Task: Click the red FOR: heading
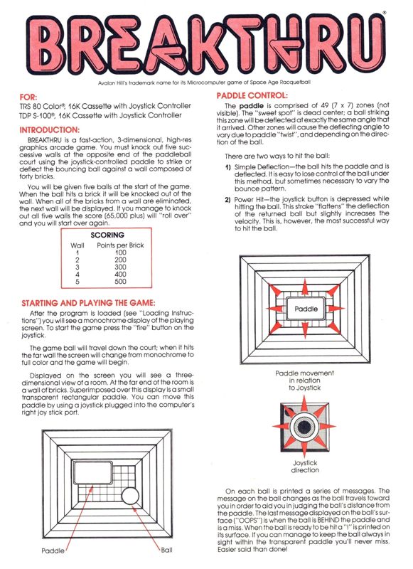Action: point(28,97)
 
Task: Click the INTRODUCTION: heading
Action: point(49,130)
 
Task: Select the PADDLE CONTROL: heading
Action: point(252,96)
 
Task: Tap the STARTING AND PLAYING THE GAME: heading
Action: point(88,303)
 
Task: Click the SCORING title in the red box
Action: point(107,235)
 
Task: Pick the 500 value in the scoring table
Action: point(120,282)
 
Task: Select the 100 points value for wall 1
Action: point(120,252)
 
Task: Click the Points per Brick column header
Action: point(120,245)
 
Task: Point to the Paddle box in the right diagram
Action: point(306,309)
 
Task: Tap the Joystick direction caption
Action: point(305,467)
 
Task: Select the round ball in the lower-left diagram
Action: point(130,496)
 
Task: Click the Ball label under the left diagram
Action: point(166,550)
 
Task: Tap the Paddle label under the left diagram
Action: point(53,551)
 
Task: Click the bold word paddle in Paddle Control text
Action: point(251,106)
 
